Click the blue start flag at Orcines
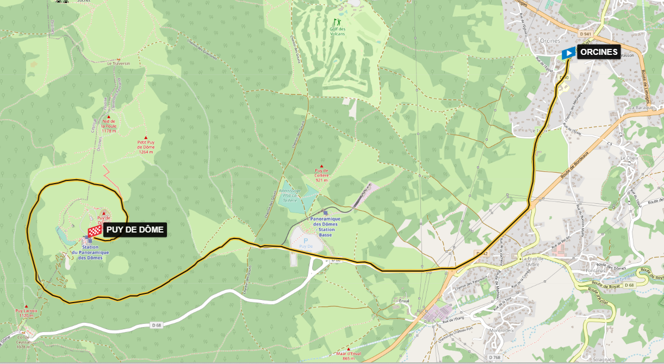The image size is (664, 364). pos(568,53)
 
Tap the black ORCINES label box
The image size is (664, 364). pos(598,52)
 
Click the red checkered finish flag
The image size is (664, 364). pos(95,231)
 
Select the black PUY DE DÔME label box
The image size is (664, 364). pos(135,230)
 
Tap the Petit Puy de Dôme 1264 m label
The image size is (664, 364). pos(146,146)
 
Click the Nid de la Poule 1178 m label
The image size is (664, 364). pos(109,125)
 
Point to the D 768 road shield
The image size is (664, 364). pos(494,357)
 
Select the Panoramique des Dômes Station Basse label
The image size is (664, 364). pos(325,224)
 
